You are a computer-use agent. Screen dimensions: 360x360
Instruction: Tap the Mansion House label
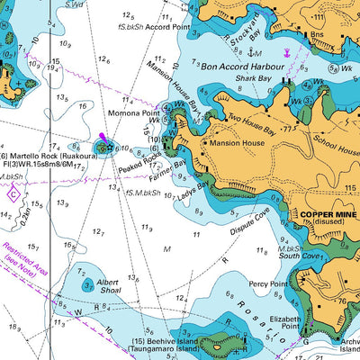(238, 142)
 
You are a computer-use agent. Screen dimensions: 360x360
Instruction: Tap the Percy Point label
(267, 284)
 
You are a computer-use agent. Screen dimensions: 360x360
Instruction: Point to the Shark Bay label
(253, 79)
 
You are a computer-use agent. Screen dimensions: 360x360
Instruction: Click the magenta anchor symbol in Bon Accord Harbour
(288, 54)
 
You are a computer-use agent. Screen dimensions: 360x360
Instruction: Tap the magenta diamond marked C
(13, 193)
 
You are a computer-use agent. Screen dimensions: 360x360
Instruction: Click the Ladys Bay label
(192, 191)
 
